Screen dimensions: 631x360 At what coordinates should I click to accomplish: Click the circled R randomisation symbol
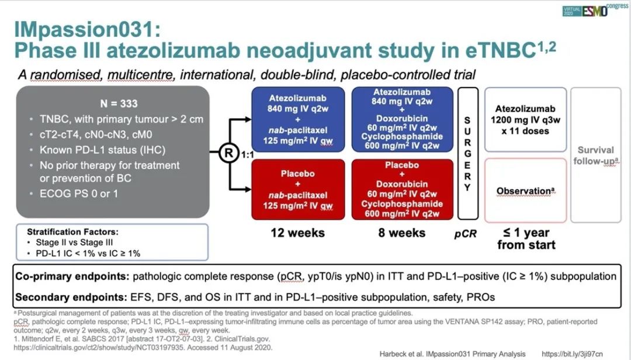pyautogui.click(x=229, y=153)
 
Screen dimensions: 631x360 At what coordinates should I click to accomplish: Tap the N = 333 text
pyautogui.click(x=119, y=103)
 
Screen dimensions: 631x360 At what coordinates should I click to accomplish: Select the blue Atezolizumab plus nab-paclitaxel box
pyautogui.click(x=298, y=120)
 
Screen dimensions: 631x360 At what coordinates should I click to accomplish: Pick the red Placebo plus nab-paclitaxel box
pyautogui.click(x=298, y=190)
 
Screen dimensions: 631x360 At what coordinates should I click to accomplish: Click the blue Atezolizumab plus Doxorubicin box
pyautogui.click(x=402, y=120)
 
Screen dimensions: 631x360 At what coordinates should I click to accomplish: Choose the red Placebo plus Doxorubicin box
pyautogui.click(x=402, y=190)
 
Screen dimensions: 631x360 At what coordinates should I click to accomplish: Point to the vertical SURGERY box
pyautogui.click(x=467, y=154)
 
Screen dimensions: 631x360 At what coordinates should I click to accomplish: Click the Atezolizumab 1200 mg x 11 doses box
pyautogui.click(x=525, y=120)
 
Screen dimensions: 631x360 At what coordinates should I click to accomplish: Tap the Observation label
pyautogui.click(x=525, y=191)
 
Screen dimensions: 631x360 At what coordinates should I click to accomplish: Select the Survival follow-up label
pyautogui.click(x=596, y=155)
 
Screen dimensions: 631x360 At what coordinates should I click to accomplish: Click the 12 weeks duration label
pyautogui.click(x=298, y=233)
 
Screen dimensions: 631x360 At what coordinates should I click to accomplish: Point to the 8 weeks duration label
pyautogui.click(x=401, y=233)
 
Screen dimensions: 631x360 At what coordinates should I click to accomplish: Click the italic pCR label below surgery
pyautogui.click(x=466, y=234)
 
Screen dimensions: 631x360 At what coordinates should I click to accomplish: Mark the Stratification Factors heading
pyautogui.click(x=73, y=232)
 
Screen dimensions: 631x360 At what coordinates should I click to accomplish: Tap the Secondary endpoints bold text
pyautogui.click(x=71, y=297)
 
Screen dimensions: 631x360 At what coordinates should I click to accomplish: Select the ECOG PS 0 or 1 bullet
pyautogui.click(x=78, y=193)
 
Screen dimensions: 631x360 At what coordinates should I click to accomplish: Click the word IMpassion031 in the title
pyautogui.click(x=87, y=30)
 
